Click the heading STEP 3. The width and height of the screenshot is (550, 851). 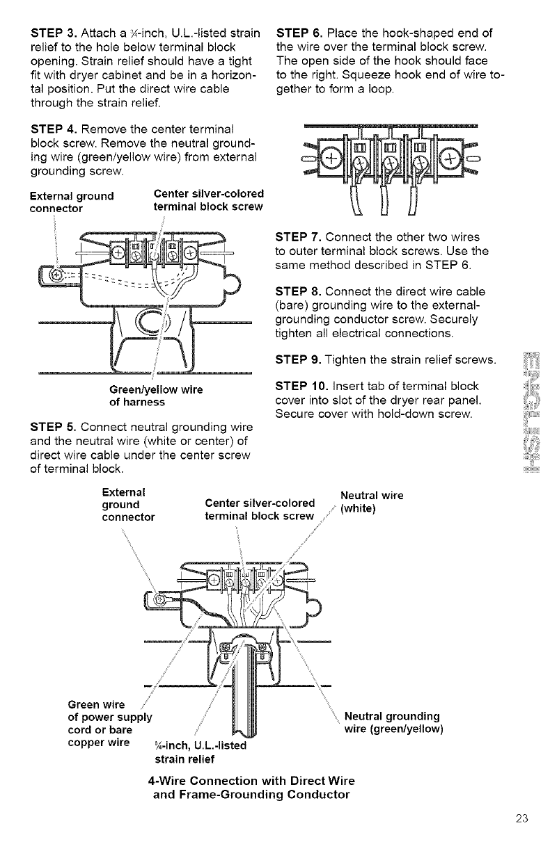click(x=54, y=32)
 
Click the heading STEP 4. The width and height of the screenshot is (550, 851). click(x=54, y=129)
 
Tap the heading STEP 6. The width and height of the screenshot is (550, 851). click(x=300, y=32)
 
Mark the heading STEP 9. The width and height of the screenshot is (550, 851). click(x=300, y=358)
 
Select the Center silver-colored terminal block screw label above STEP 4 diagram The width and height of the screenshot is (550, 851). click(x=206, y=200)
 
